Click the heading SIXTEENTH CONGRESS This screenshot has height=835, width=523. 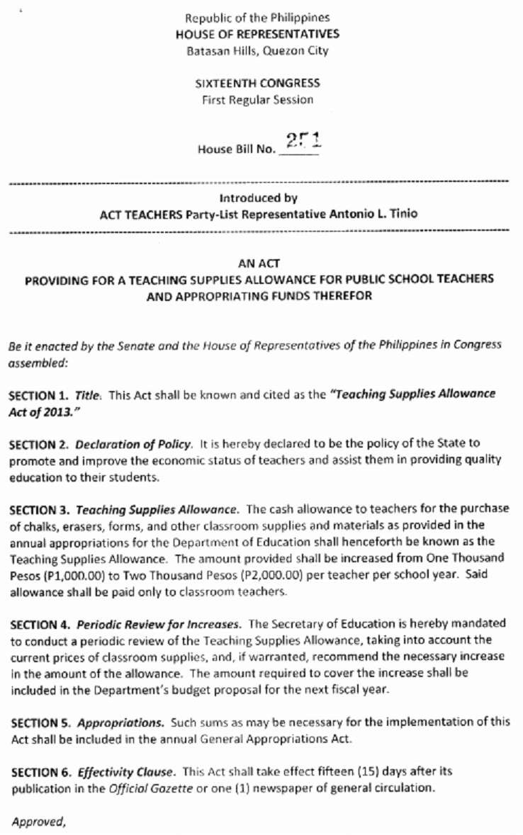257,84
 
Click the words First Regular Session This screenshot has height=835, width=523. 257,100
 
